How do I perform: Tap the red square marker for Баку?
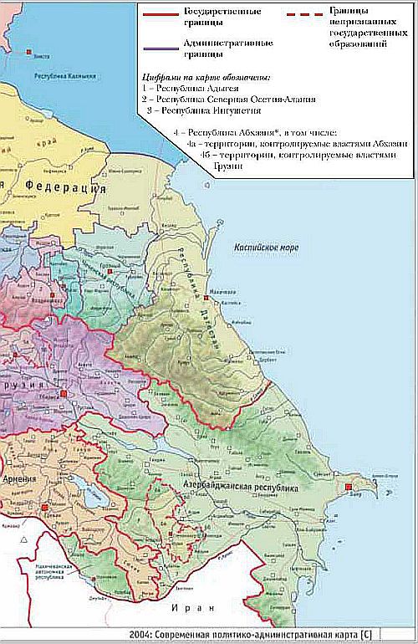coord(349,487)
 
